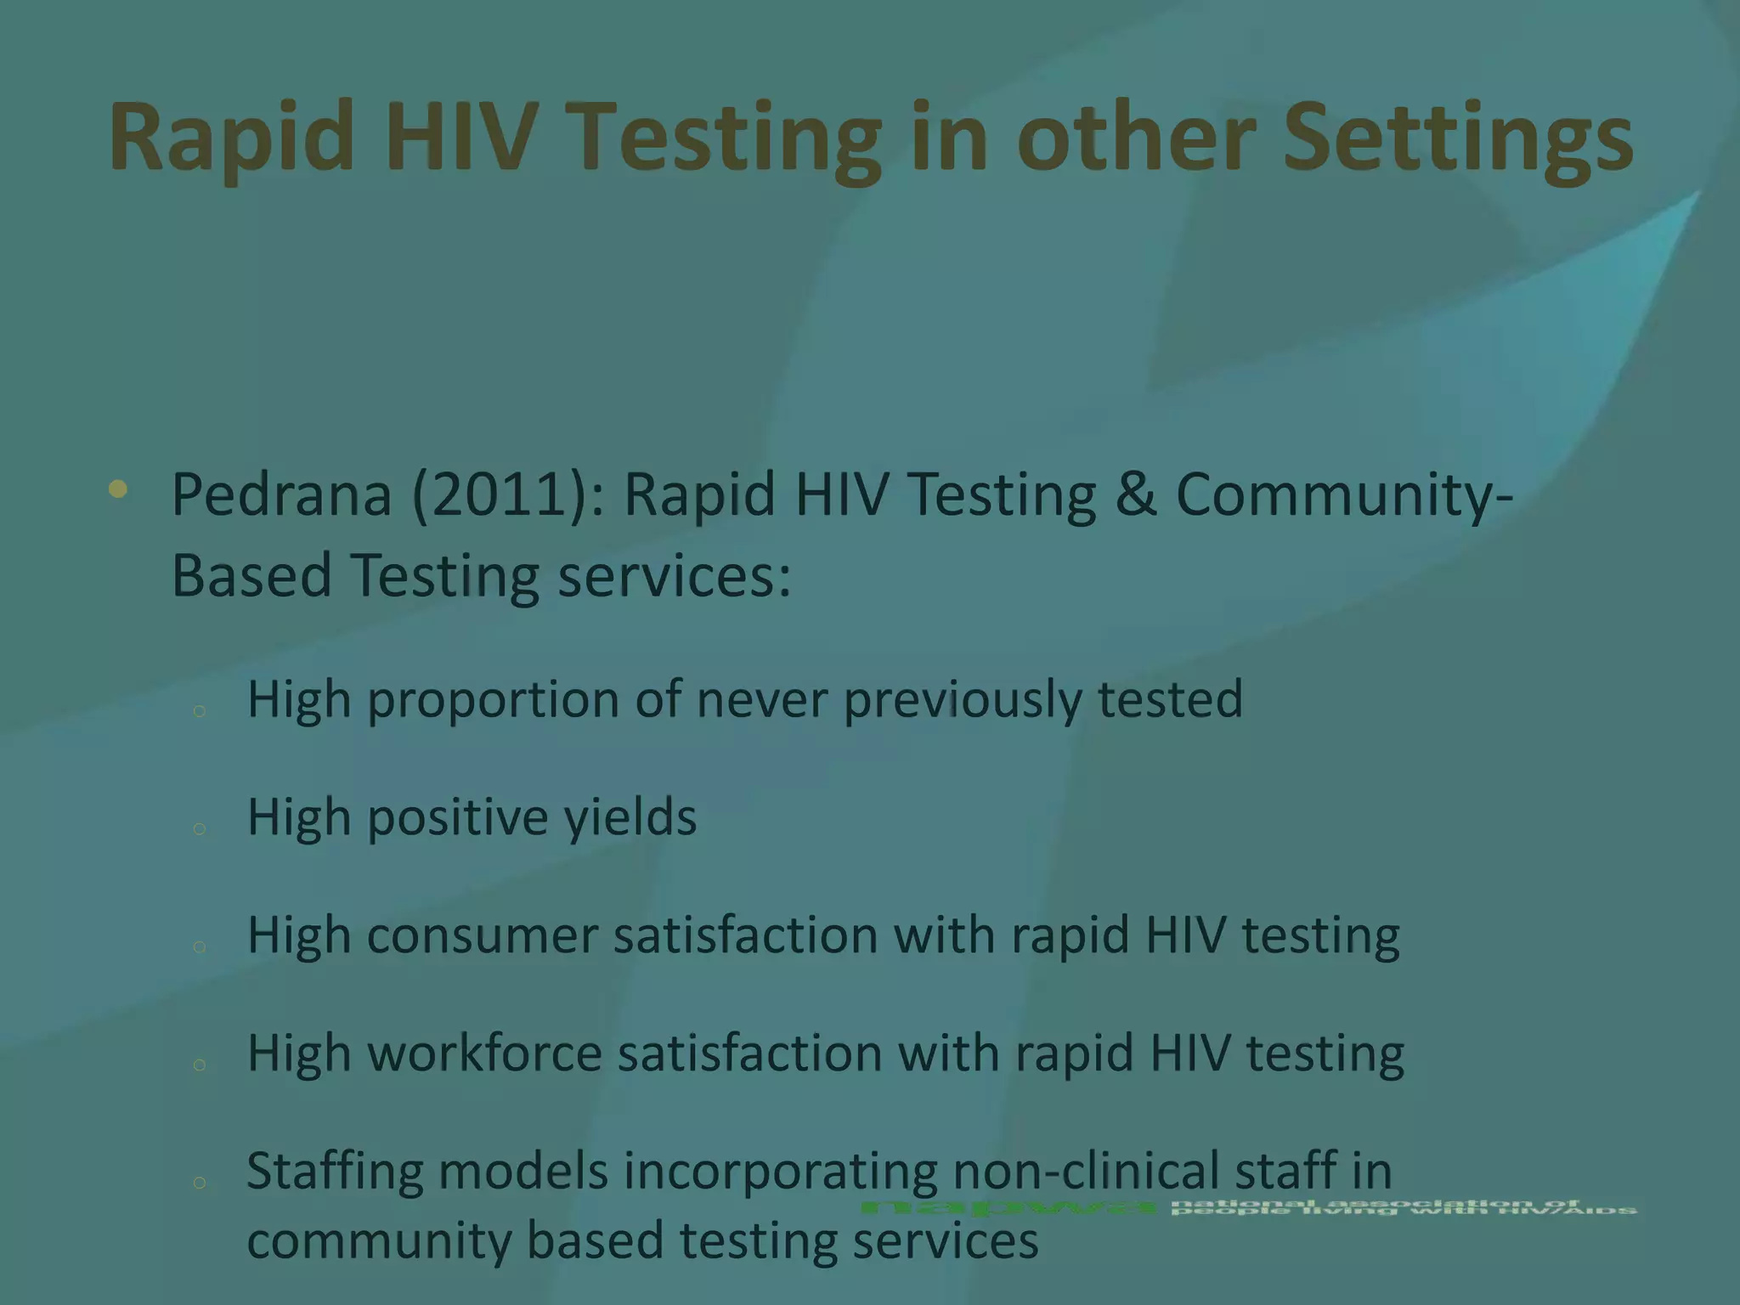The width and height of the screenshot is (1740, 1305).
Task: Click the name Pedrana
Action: tap(281, 494)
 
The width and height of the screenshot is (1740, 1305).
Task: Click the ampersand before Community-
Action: tap(1135, 494)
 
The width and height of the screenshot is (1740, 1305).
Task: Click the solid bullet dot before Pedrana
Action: tap(118, 489)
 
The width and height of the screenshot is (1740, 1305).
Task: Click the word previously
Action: tap(963, 700)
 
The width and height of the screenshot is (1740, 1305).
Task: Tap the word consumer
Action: tap(483, 935)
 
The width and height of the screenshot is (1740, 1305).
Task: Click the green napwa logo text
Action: tap(1008, 1207)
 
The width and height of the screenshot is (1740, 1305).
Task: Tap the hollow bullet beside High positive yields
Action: tap(200, 828)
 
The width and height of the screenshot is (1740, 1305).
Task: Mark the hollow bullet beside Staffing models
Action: tap(200, 1182)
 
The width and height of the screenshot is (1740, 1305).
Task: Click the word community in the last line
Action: tap(379, 1240)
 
